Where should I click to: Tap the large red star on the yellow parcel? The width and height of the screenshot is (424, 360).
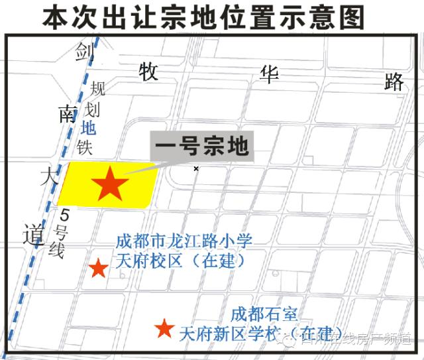click(x=110, y=184)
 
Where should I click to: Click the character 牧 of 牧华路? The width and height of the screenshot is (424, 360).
click(x=148, y=72)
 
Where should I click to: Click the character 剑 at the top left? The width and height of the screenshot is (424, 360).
click(x=83, y=51)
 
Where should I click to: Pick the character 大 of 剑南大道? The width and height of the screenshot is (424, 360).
click(x=48, y=176)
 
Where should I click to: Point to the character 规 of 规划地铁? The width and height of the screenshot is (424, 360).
click(x=97, y=88)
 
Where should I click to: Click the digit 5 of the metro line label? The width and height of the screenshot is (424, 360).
click(x=65, y=215)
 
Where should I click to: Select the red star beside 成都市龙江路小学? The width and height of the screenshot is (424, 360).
click(x=98, y=268)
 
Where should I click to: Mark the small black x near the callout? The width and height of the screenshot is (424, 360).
click(x=196, y=169)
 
